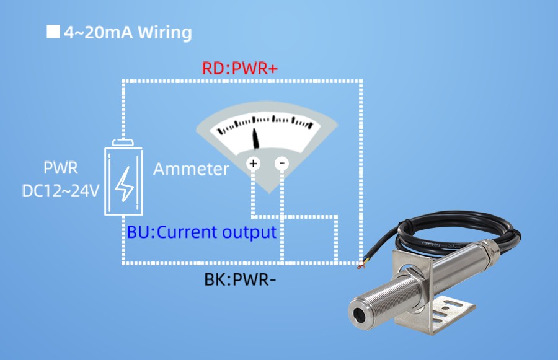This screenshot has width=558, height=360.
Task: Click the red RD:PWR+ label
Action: pyautogui.click(x=239, y=68)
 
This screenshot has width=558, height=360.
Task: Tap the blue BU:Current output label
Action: pyautogui.click(x=201, y=233)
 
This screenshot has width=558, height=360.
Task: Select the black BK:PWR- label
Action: pyautogui.click(x=240, y=279)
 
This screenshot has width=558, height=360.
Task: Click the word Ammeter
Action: pyautogui.click(x=191, y=169)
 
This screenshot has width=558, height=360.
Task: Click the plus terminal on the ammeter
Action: pyautogui.click(x=253, y=164)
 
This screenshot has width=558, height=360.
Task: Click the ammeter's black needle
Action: pyautogui.click(x=256, y=139)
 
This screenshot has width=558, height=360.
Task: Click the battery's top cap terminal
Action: pyautogui.click(x=124, y=143)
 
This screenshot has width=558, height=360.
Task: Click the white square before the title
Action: pyautogui.click(x=53, y=32)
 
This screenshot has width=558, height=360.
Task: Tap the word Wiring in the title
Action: pyautogui.click(x=164, y=32)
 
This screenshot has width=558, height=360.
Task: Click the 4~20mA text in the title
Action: pyautogui.click(x=99, y=32)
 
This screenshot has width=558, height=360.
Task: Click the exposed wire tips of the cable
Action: pyautogui.click(x=361, y=266)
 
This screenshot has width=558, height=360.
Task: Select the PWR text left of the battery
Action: pyautogui.click(x=61, y=169)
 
